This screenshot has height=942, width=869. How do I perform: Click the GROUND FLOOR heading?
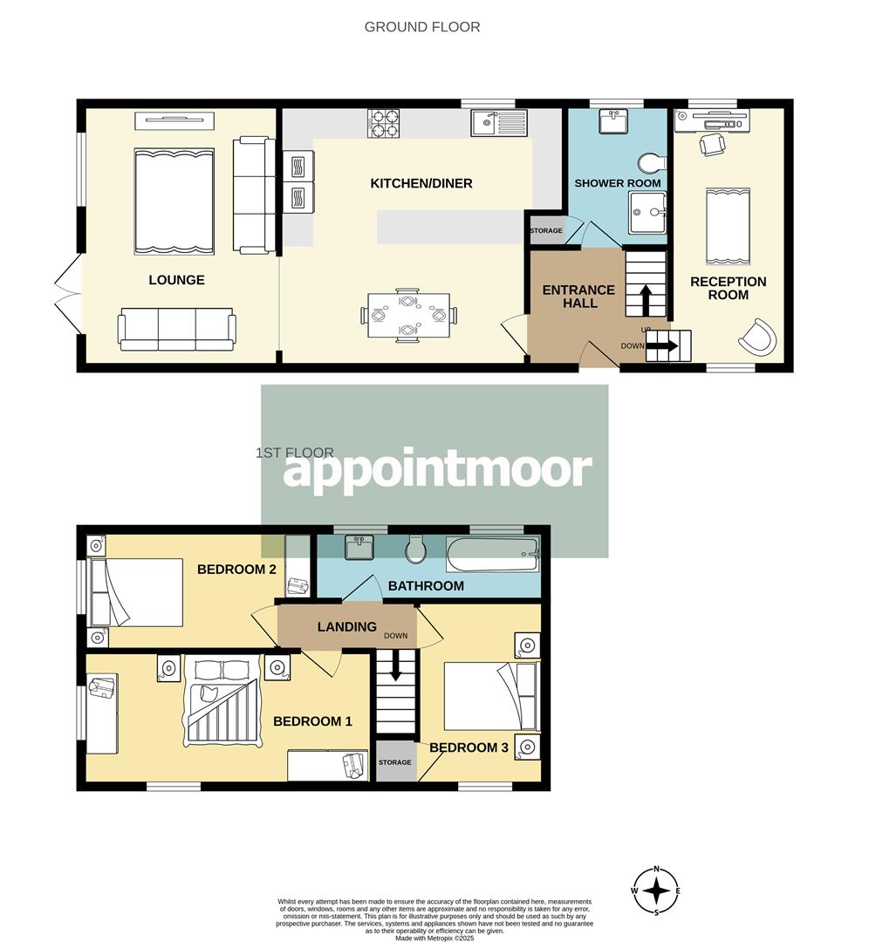pos(421,27)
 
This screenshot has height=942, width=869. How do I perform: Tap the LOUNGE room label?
pos(176,280)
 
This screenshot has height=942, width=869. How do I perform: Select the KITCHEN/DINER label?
pos(421,183)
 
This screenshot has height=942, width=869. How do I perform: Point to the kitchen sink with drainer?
pos(497,122)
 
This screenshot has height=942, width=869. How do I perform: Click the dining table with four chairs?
pos(408,316)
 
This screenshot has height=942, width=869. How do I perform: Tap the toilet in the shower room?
pos(650,162)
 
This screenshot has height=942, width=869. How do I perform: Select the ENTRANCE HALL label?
pos(579,297)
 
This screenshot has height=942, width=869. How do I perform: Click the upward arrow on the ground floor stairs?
pos(646,300)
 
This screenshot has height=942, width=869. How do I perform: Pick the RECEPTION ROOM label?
pos(728,288)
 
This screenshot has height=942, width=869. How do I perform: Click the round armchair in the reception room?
pos(756,336)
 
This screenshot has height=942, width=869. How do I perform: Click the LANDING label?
pos(346,626)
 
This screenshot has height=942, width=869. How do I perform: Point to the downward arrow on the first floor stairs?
pos(395,668)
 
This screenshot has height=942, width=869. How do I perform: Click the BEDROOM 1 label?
pos(312,721)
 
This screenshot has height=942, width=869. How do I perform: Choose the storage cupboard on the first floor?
pos(394,762)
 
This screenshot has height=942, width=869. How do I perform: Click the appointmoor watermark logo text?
pos(436,471)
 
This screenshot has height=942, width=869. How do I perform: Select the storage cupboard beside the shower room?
pos(546,231)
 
